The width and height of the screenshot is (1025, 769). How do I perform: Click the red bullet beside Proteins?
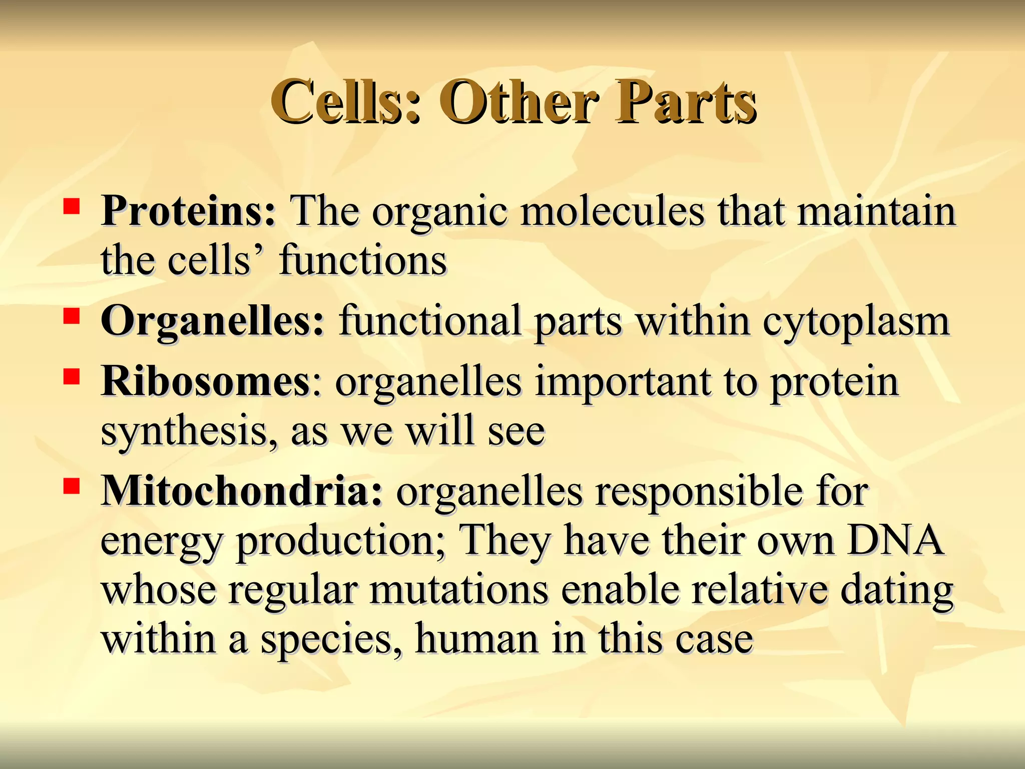(x=72, y=206)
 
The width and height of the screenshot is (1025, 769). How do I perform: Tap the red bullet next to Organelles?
(x=72, y=316)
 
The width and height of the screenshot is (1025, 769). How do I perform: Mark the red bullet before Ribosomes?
(x=72, y=376)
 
